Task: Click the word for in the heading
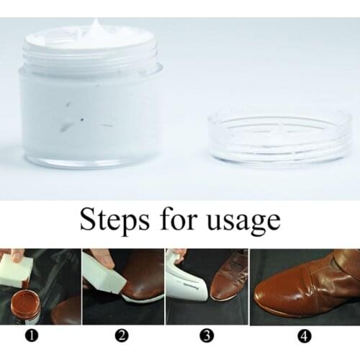(x=179, y=219)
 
